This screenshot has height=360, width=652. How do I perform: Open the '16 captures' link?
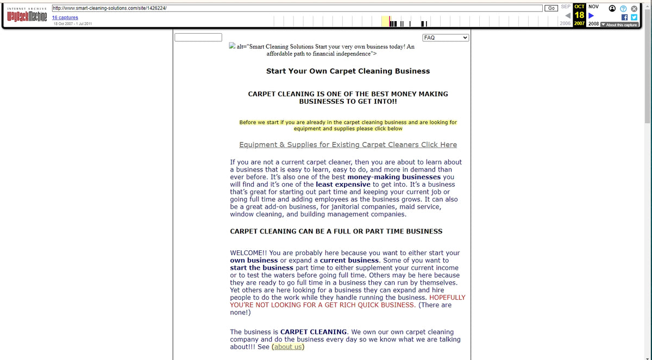65,17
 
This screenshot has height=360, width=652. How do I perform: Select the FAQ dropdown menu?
446,37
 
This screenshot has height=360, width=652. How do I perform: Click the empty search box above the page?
198,37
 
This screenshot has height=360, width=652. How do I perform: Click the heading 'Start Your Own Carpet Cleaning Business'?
348,71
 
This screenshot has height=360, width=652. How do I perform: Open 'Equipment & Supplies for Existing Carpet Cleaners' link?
348,145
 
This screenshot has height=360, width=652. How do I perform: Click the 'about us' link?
288,347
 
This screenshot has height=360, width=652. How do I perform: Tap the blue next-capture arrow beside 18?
591,15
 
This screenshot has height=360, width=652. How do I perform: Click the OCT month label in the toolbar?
579,6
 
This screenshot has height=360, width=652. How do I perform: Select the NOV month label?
593,6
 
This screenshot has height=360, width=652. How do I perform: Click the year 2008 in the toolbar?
593,24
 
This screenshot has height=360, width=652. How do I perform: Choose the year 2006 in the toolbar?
565,24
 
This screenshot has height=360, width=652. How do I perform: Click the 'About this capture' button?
621,25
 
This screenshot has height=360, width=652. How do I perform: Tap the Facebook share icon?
625,17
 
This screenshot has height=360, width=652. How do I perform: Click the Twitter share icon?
634,17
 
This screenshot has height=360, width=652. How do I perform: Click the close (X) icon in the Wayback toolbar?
634,8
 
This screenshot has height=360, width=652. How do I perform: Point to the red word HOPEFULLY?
447,298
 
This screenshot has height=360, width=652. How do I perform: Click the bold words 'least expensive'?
343,185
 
